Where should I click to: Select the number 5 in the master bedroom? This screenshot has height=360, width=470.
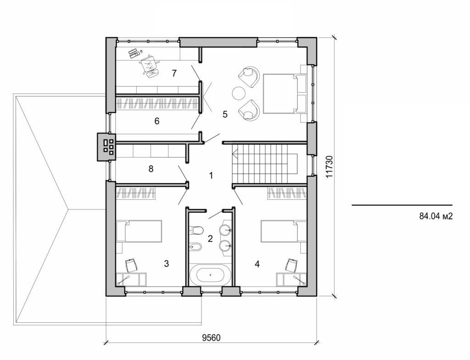pos(225,114)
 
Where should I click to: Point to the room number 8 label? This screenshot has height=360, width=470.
pos(151,169)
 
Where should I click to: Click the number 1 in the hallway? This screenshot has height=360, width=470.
pos(211,175)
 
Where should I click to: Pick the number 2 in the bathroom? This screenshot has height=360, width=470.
pos(210,238)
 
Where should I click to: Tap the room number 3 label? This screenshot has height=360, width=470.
pos(167,264)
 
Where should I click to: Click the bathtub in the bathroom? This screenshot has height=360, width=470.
pos(210,276)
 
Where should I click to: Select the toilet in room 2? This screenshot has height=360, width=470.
pos(196,229)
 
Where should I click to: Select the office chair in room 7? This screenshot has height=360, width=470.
pos(150,65)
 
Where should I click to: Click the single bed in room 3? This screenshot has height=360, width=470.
pos(140,231)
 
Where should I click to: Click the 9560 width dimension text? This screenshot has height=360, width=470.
pos(212,337)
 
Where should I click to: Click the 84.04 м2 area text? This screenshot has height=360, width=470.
pos(436,216)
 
